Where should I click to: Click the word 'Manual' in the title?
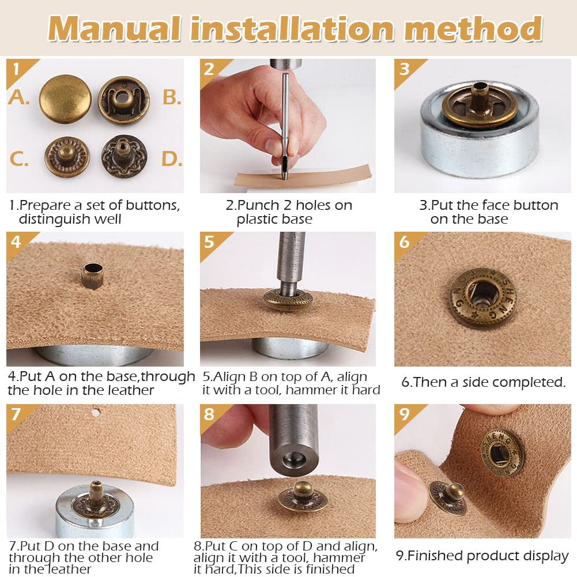(115, 28)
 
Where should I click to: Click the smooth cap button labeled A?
(65, 99)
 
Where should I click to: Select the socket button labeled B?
(124, 100)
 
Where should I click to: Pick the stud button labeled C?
(67, 157)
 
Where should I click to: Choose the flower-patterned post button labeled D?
(125, 156)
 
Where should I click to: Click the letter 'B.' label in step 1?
(172, 97)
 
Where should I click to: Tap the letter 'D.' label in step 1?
(172, 159)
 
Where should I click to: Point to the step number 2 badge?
(209, 69)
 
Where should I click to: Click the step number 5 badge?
(209, 242)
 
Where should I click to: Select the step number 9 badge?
(404, 414)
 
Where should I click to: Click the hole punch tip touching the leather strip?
(284, 172)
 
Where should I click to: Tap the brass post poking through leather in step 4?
(92, 276)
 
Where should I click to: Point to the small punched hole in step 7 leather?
(96, 413)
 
